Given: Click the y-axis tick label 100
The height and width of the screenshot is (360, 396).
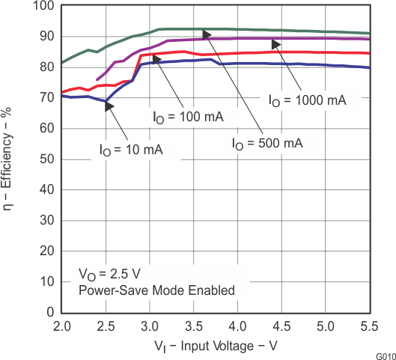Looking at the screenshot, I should coord(42,6).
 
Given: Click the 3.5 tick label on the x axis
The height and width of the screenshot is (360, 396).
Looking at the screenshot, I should coord(193,327).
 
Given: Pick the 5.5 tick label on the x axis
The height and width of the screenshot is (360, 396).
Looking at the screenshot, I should coord(368,327).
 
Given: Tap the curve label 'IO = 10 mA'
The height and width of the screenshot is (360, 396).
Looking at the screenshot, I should coord(131,149).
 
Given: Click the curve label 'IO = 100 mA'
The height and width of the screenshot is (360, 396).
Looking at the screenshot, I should coord(190,117).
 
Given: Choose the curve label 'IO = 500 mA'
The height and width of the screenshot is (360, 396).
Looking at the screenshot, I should coord(266,143).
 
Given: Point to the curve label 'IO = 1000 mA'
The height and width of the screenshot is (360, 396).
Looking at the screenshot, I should coord(307,100).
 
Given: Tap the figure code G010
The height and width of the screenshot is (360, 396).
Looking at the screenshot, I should coord(385,355).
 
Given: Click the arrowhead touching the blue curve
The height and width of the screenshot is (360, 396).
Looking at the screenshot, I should coord(109,106).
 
